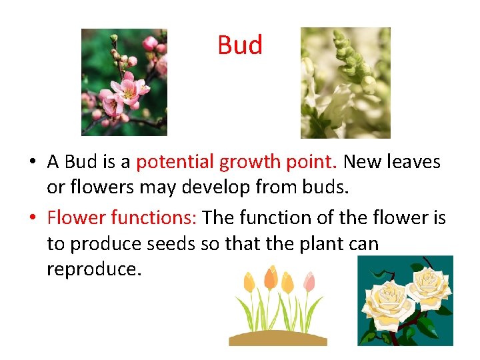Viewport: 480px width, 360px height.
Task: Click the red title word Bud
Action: [x=240, y=45]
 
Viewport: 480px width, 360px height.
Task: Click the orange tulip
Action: [x=271, y=278]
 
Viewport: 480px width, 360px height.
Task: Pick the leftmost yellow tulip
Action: [x=249, y=283]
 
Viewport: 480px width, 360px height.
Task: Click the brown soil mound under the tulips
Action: [x=278, y=337]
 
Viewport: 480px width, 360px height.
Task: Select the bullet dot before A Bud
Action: [x=31, y=163]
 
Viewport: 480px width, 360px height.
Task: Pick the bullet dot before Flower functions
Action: [x=31, y=218]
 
